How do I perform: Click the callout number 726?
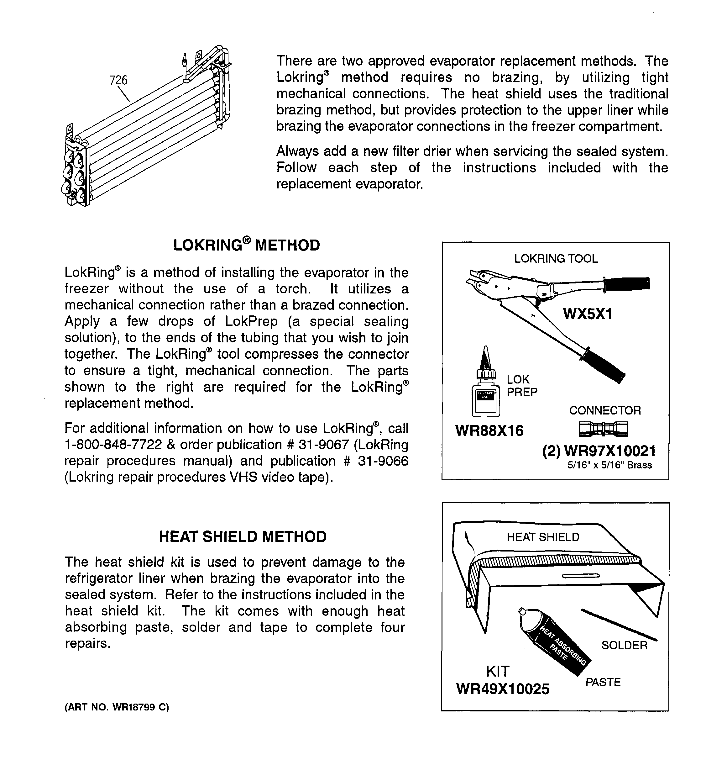coord(118,80)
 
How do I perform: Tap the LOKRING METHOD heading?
coord(246,245)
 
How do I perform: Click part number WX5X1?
coord(587,314)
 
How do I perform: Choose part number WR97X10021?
coord(609,451)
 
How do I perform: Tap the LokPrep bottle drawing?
coord(485,390)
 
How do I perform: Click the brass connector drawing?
coord(603,429)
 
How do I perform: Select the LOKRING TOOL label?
coord(555,258)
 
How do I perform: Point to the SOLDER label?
coord(624,645)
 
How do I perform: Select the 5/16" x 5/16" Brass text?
coord(609,465)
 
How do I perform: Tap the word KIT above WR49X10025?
coord(498,671)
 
